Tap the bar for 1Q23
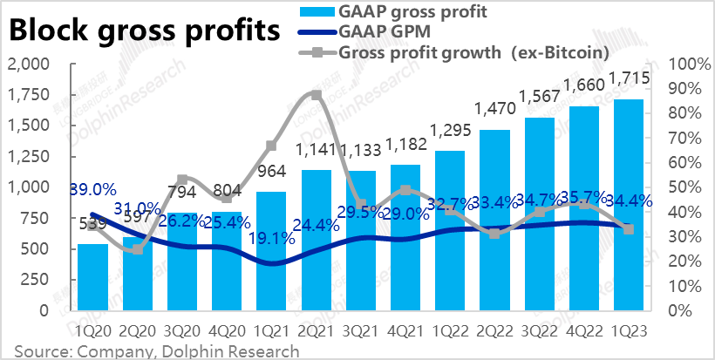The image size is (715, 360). [x=630, y=204]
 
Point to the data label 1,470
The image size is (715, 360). [x=494, y=110]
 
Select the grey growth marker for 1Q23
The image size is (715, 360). [x=630, y=229]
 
